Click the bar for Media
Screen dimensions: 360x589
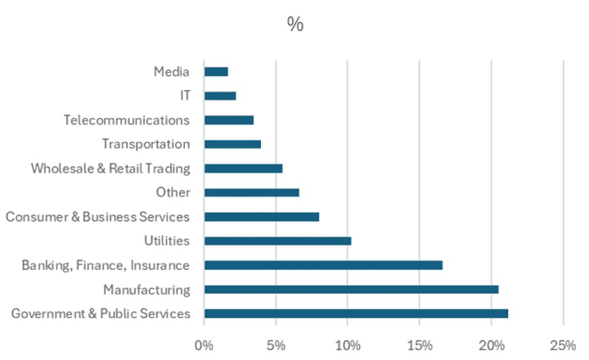click(216, 72)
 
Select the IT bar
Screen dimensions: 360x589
click(220, 96)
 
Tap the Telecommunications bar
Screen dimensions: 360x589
click(229, 120)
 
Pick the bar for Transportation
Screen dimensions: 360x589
click(232, 144)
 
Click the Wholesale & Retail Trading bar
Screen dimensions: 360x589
click(243, 169)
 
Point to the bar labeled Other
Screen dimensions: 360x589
click(252, 192)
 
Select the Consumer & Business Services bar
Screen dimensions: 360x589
click(262, 217)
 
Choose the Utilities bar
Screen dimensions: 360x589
click(277, 241)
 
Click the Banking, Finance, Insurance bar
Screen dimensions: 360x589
click(323, 265)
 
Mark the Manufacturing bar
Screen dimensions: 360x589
click(351, 289)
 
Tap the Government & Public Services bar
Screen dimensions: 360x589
click(356, 313)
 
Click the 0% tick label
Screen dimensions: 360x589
click(205, 344)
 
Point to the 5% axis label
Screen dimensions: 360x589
click(276, 344)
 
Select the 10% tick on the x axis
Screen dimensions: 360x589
click(348, 344)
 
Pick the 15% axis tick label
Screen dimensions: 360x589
click(420, 344)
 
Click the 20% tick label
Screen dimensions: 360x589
click(491, 344)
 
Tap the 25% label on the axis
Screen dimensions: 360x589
click(563, 344)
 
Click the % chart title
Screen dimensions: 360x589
click(295, 25)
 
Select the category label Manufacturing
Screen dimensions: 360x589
click(146, 290)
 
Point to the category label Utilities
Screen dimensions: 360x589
click(166, 241)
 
